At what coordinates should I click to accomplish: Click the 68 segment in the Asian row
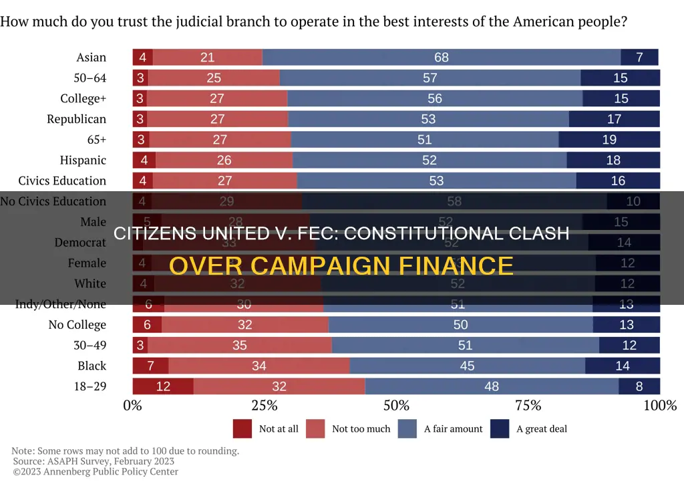(441, 57)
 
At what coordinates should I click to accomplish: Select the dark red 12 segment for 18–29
(163, 386)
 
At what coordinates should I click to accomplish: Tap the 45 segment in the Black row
(467, 366)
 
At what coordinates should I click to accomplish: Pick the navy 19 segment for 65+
(609, 140)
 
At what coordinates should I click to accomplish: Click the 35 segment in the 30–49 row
(239, 346)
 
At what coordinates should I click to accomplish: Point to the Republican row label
(76, 119)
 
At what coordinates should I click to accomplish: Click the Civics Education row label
(62, 180)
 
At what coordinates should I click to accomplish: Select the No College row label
(77, 325)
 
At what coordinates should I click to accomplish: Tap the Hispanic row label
(83, 160)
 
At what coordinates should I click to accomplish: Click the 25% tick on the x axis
(265, 405)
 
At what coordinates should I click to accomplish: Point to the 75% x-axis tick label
(528, 405)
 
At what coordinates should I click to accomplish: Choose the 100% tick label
(660, 405)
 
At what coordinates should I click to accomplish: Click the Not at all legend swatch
(242, 429)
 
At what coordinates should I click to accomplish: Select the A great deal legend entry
(541, 429)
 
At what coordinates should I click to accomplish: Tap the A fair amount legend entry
(453, 429)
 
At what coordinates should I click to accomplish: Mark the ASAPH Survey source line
(93, 461)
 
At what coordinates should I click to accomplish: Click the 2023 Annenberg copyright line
(95, 472)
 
